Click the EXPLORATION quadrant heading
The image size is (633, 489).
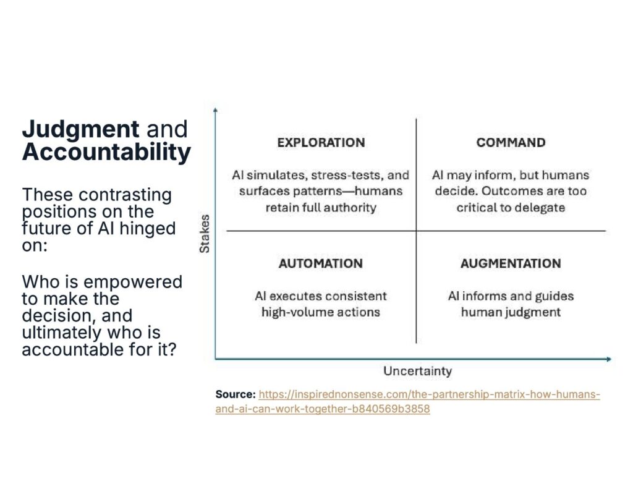(321, 143)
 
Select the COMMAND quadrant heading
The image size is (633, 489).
(511, 143)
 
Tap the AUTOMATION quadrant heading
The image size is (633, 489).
(321, 263)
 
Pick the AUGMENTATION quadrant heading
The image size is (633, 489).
(511, 263)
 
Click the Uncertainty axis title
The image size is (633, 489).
(417, 372)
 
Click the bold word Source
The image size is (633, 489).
(235, 394)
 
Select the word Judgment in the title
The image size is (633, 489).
(80, 129)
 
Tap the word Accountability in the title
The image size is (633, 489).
(106, 152)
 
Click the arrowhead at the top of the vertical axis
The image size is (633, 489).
(215, 109)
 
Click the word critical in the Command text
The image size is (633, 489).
(480, 208)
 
